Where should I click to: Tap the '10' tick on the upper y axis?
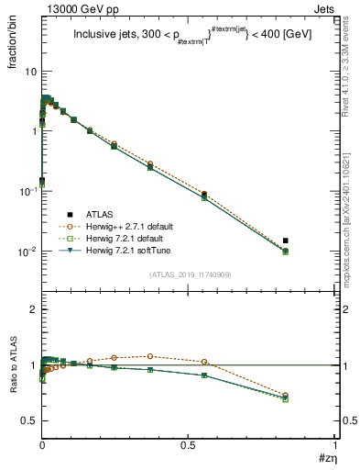[x=30, y=72]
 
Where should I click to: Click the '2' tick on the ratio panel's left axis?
[x=33, y=310]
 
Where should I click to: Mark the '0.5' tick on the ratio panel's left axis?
[x=29, y=420]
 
